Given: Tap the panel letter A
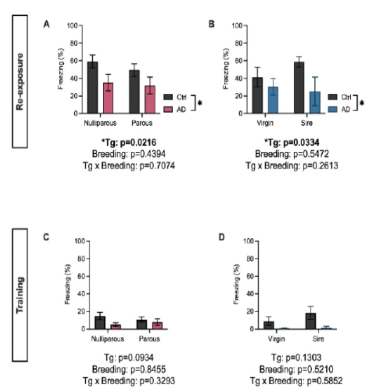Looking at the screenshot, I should tap(46, 22).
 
